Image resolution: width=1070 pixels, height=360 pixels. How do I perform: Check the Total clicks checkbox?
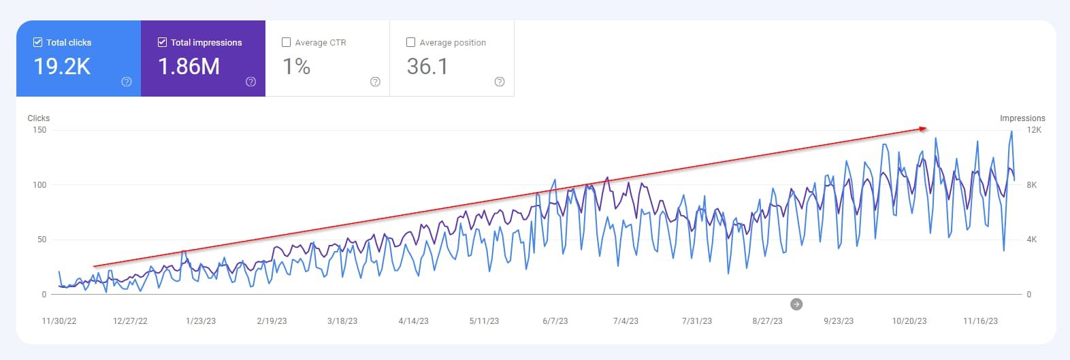click(37, 42)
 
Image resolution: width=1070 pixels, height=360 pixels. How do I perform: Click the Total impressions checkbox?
click(162, 42)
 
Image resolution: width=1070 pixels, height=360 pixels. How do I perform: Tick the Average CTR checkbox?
click(287, 42)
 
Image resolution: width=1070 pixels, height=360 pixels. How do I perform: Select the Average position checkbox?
click(410, 42)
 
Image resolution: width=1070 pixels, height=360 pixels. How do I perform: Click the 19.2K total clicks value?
click(62, 66)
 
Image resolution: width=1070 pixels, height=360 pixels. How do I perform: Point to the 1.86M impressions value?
click(189, 66)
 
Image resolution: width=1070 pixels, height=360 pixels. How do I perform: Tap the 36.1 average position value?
click(427, 66)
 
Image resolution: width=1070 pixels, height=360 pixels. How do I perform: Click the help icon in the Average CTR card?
click(375, 82)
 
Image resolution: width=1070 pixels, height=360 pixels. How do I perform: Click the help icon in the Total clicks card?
click(127, 82)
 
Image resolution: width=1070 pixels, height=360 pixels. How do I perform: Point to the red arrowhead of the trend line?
click(923, 128)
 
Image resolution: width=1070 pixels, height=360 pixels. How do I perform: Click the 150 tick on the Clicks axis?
click(39, 130)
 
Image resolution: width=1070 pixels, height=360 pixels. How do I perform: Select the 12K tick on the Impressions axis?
click(1034, 130)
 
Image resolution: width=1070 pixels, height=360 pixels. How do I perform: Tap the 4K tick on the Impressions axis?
click(1032, 240)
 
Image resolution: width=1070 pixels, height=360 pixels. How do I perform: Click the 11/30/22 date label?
click(59, 321)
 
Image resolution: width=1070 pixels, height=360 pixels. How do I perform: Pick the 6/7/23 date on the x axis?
click(555, 321)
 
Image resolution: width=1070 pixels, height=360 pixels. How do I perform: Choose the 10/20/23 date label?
click(909, 321)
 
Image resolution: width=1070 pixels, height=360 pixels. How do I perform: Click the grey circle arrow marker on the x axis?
click(796, 304)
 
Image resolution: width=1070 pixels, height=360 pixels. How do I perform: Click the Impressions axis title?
click(1022, 118)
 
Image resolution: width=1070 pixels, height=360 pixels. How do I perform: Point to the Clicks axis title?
click(39, 118)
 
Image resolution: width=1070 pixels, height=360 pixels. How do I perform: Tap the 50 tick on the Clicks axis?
click(42, 240)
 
